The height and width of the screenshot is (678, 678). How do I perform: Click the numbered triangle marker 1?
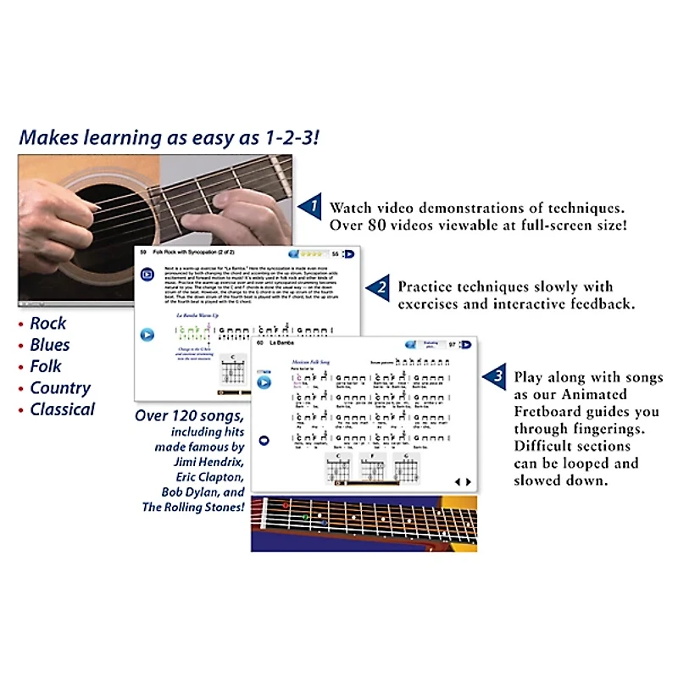click(x=311, y=206)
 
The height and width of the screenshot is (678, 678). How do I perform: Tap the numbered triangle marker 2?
click(x=380, y=289)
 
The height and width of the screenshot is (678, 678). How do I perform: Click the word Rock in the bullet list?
click(x=47, y=324)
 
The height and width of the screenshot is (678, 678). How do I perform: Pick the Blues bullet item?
click(x=50, y=345)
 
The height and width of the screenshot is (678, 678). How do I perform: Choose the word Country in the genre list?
click(x=60, y=388)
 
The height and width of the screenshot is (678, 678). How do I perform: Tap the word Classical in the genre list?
click(x=63, y=409)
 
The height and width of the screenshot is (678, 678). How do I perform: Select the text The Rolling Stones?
click(x=194, y=507)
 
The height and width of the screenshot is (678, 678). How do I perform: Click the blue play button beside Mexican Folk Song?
click(x=264, y=383)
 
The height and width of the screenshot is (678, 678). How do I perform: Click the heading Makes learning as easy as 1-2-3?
click(x=169, y=136)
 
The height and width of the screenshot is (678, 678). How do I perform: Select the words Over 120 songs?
click(x=190, y=416)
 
